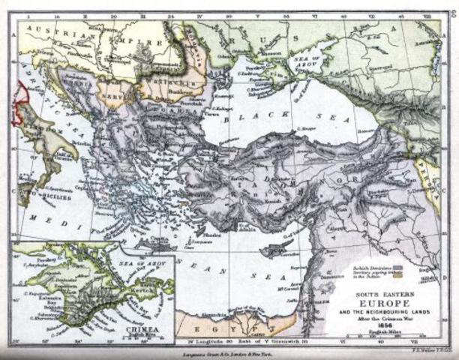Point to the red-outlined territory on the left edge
point(19,101)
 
